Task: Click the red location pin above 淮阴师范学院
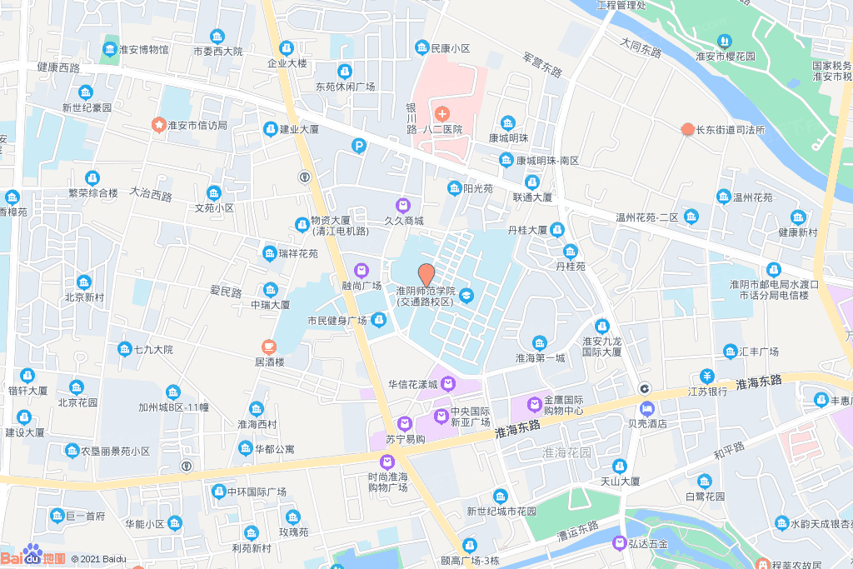[x=426, y=274]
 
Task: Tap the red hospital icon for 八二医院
[x=441, y=112]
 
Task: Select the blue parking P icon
[x=359, y=147]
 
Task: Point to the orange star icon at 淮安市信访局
[x=157, y=124]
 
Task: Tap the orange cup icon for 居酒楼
[x=268, y=346]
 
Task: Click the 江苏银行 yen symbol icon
[x=707, y=376]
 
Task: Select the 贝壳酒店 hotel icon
[x=647, y=409]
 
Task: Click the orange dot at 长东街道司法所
[x=687, y=129]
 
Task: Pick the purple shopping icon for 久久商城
[x=403, y=205]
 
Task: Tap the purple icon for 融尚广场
[x=362, y=270]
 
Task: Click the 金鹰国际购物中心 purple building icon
[x=534, y=405]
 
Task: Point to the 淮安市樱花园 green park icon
[x=724, y=41]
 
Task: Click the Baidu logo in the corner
[x=33, y=557]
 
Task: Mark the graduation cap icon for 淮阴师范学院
[x=466, y=296]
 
